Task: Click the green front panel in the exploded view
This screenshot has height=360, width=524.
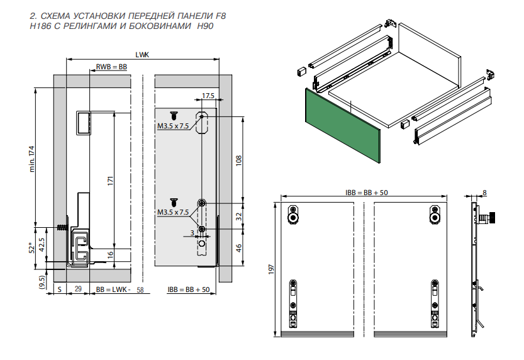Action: [x=343, y=125]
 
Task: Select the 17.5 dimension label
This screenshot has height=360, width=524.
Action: [x=208, y=96]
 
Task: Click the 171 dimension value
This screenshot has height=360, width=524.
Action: [x=111, y=181]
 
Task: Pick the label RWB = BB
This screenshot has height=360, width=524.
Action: [x=111, y=66]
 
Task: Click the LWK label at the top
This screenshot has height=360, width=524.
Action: [x=142, y=55]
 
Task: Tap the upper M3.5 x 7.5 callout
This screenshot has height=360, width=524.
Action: [x=173, y=126]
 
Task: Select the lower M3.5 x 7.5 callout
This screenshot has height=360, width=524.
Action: [x=173, y=212]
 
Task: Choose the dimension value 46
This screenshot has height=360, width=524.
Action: [x=238, y=247]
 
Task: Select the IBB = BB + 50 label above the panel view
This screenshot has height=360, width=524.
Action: [x=362, y=192]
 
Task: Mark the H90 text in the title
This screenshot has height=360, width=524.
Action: [x=205, y=26]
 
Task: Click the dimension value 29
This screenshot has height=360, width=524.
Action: [x=77, y=290]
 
